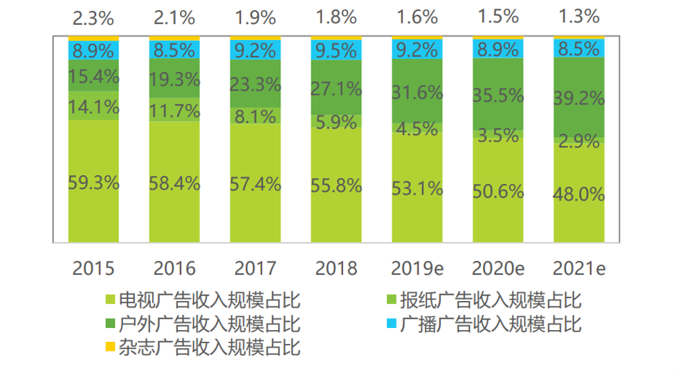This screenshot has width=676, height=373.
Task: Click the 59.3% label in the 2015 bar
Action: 93,183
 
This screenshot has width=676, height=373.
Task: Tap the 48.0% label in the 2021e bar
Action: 578,194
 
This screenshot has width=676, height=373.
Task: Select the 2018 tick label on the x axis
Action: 336,269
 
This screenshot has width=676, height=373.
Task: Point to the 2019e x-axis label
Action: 417,269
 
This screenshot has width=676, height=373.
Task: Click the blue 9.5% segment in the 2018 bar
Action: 336,50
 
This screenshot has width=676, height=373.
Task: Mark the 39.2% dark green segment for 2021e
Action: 578,98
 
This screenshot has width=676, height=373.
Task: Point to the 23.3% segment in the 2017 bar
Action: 255,84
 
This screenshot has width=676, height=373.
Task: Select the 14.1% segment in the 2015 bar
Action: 93,107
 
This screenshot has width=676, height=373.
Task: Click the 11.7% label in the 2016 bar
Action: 174,110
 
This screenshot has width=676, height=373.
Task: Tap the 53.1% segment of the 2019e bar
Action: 417,188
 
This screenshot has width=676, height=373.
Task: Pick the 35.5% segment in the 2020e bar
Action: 498,95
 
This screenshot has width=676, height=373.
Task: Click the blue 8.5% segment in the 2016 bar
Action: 174,50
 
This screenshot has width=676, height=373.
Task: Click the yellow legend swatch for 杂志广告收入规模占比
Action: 109,346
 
